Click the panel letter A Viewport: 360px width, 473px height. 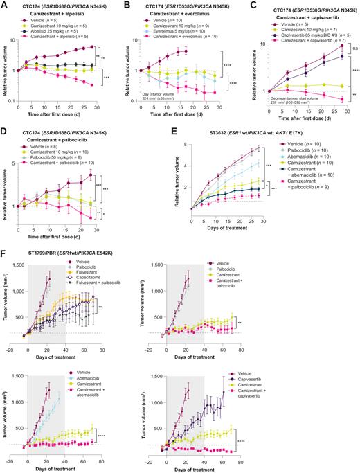5,5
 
